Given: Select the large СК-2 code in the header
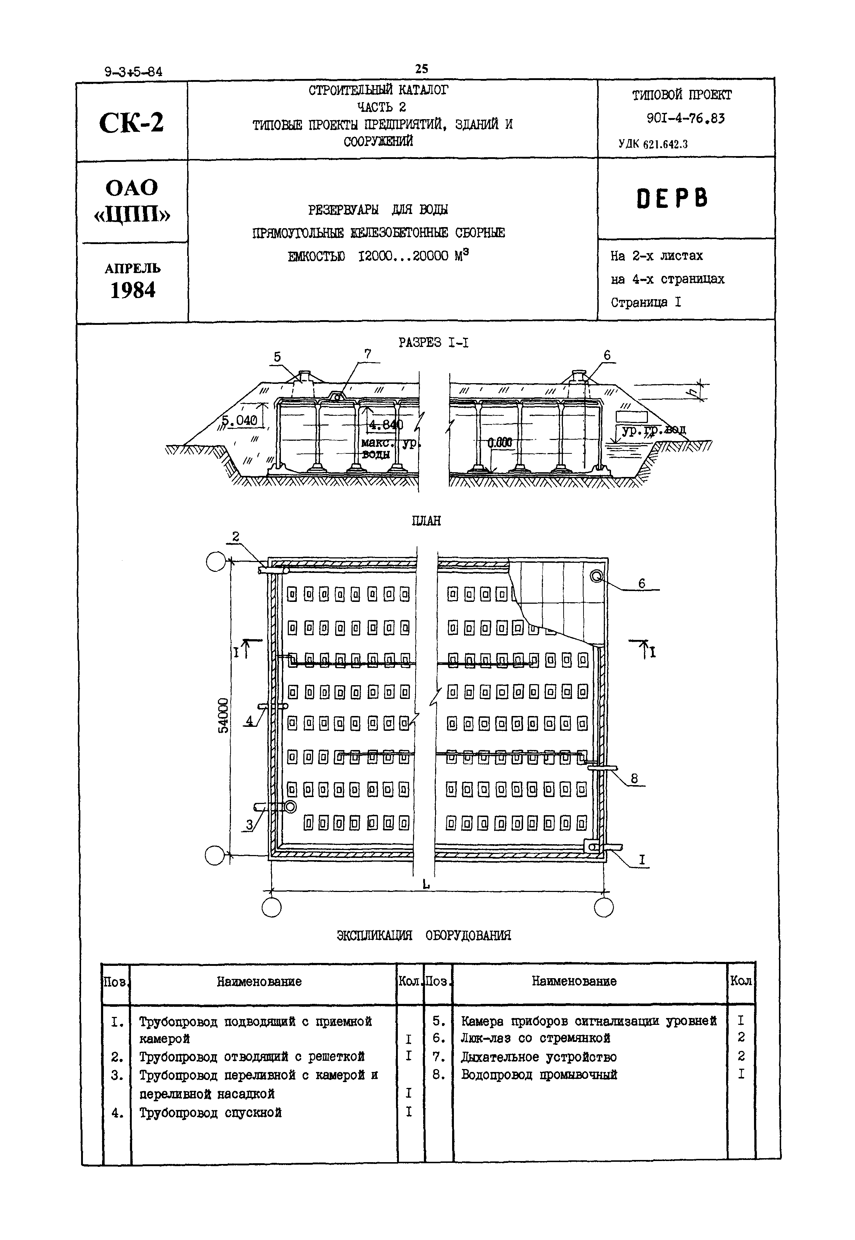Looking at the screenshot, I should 131,123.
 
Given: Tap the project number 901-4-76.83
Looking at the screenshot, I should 685,118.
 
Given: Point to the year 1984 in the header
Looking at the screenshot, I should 133,290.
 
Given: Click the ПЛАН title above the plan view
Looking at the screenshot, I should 426,520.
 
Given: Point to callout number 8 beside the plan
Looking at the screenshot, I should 634,778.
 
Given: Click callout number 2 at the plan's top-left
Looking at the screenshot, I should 235,536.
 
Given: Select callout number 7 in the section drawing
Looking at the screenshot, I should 367,354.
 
